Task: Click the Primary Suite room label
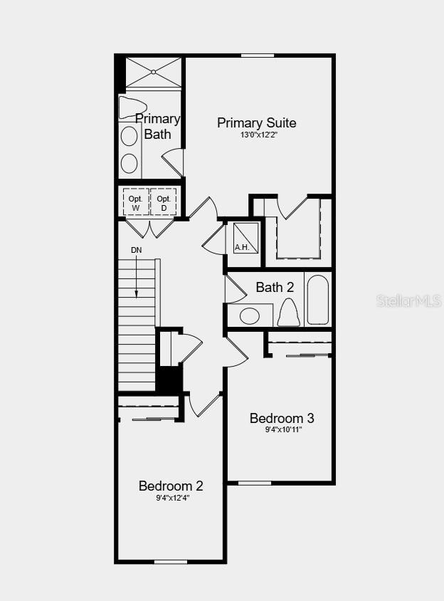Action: point(256,123)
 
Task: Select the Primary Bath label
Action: point(157,126)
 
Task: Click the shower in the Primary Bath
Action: point(154,73)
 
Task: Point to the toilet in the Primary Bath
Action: point(132,108)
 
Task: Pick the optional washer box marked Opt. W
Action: point(135,202)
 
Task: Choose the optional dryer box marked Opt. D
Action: point(164,202)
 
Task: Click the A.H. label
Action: point(242,248)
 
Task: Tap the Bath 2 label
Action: point(275,288)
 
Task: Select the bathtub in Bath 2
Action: point(318,299)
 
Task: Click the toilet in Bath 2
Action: point(288,312)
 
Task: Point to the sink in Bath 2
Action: point(250,315)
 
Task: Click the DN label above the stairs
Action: point(136,250)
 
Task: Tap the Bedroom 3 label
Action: point(281,418)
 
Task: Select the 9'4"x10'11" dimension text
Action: point(281,429)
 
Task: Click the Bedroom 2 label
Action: point(171,486)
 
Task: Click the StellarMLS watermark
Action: point(408,301)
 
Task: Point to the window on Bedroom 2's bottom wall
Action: point(171,562)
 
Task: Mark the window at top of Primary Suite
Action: point(258,56)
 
